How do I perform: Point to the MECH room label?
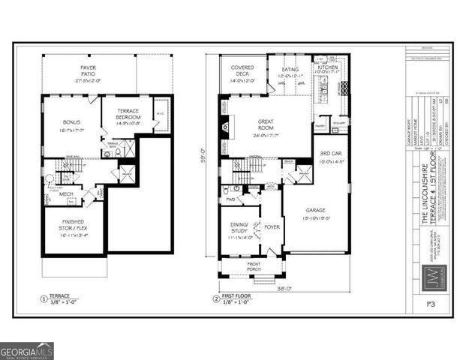click(x=66, y=193)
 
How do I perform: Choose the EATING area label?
click(x=290, y=73)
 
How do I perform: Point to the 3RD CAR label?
click(x=330, y=156)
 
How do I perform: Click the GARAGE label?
click(x=316, y=214)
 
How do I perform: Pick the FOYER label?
click(x=271, y=227)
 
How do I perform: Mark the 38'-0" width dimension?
click(x=283, y=286)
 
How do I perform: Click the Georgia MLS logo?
click(x=27, y=349)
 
